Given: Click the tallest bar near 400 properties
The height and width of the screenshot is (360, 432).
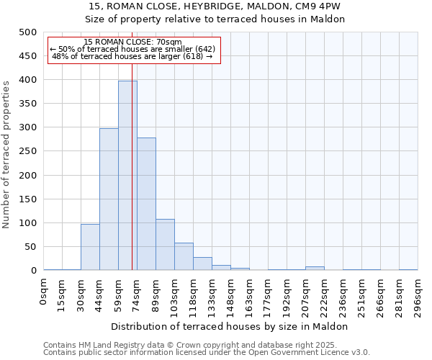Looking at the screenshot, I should pos(127,176).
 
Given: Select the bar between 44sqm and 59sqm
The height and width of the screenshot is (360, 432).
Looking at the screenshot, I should pos(109,199).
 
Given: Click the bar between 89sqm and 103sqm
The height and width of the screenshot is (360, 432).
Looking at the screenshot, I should pos(165,245).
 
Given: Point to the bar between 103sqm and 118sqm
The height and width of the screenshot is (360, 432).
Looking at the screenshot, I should pos(184,256).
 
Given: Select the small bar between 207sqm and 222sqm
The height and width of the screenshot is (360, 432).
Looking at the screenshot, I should pos(315,269).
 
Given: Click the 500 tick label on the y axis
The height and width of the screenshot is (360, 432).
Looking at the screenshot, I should pos(27,32).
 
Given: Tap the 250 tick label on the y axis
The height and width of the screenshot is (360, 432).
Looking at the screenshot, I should pos(27,151).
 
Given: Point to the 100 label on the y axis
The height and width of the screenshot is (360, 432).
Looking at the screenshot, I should pos(27,223).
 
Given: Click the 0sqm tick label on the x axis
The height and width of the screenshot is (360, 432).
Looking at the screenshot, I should pos(45,292).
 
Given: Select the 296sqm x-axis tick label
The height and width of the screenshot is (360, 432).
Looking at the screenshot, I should pos(418,296).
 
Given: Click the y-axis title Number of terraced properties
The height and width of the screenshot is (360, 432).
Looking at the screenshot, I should pos(6,154).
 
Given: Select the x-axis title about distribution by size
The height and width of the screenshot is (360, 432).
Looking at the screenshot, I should pos(230,326).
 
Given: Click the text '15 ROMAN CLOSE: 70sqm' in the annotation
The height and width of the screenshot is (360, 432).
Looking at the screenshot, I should pos(132,42).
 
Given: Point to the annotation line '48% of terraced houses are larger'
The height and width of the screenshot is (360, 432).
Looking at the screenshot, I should pos(132,56).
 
